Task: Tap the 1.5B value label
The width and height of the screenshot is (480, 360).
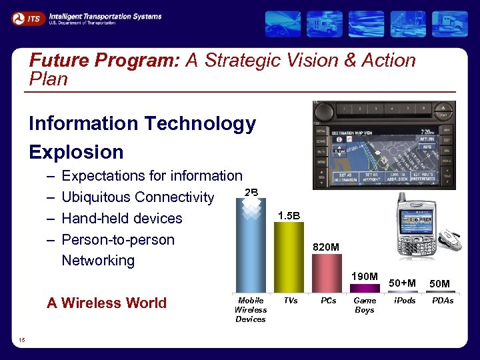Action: tap(289, 215)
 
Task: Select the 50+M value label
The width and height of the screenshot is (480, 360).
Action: tap(403, 283)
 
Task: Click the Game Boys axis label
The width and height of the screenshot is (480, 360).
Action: tap(365, 305)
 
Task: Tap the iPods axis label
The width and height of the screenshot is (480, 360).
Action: tap(405, 301)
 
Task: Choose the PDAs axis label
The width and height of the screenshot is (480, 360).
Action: tap(443, 301)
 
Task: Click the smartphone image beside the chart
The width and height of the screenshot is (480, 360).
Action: tap(416, 226)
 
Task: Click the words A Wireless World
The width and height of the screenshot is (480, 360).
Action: tap(107, 303)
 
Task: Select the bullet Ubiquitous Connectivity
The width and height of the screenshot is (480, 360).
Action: tap(137, 197)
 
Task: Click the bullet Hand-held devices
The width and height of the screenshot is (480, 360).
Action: tap(121, 219)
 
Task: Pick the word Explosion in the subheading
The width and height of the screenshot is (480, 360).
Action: tap(76, 152)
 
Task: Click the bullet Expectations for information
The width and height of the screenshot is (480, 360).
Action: tap(151, 176)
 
